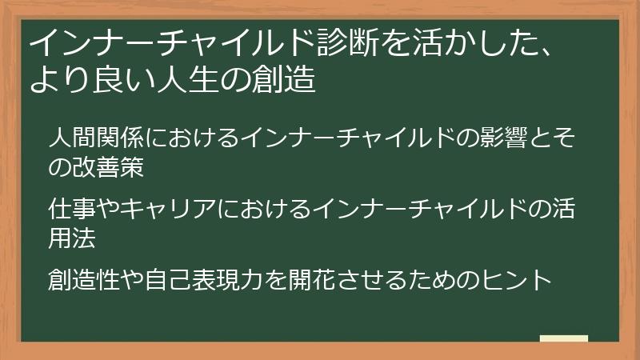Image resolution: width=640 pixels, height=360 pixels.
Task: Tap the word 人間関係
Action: tap(95, 139)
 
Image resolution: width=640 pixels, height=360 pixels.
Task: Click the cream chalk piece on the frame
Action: tap(563, 339)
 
